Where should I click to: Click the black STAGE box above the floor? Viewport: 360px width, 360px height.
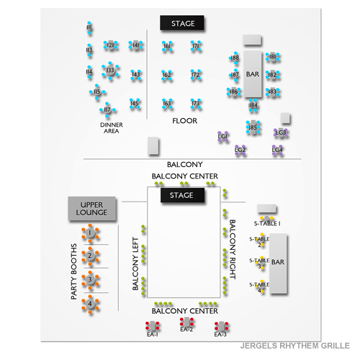click(182, 24)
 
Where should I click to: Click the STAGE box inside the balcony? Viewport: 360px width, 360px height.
click(181, 196)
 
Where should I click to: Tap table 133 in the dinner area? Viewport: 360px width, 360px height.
click(109, 71)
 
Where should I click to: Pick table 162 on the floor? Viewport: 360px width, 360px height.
click(167, 75)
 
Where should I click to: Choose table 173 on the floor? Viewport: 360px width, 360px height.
click(195, 104)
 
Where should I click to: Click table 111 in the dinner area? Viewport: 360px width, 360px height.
click(89, 28)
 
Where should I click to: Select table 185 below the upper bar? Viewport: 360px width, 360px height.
click(252, 128)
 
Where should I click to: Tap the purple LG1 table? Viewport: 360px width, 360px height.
click(223, 135)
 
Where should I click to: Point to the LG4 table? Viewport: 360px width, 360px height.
click(277, 150)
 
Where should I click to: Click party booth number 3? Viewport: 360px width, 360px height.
click(90, 279)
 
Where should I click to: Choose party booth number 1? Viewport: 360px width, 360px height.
click(90, 233)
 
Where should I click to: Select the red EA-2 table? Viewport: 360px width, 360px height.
click(186, 322)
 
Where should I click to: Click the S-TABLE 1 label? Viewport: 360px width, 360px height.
click(269, 224)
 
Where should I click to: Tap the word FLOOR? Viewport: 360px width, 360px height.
click(184, 121)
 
